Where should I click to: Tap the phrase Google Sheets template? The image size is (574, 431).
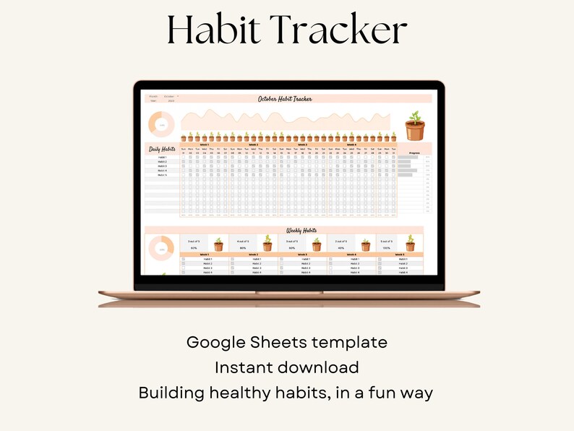pos(287,342)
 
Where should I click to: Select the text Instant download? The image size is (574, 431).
pos(287,367)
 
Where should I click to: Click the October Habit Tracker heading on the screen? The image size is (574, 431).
pos(285,98)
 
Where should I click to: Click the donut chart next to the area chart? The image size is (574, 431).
pos(161,125)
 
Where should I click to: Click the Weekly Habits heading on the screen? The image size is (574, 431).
pos(285,229)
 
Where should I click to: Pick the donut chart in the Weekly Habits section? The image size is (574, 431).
pos(161,248)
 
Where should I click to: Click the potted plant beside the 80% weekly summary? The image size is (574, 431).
pos(267,244)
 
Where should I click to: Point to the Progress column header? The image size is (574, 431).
pos(414,153)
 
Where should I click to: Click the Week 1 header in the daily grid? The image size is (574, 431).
pos(205,145)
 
